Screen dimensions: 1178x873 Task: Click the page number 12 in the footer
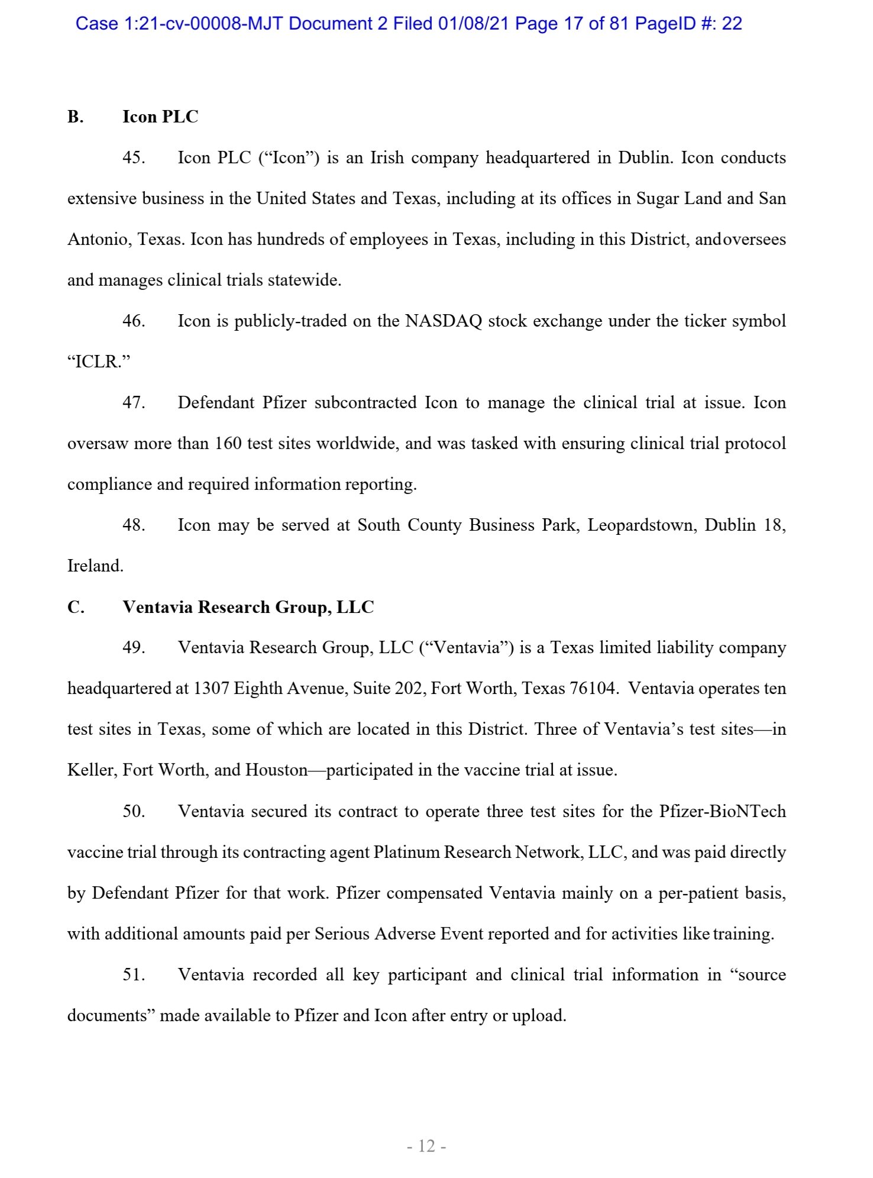pyautogui.click(x=426, y=1146)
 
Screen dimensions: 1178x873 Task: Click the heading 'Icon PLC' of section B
pyautogui.click(x=160, y=117)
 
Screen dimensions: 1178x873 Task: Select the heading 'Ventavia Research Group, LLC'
pyautogui.click(x=248, y=607)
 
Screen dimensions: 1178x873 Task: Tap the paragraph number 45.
pyautogui.click(x=134, y=158)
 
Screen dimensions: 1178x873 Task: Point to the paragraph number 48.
pyautogui.click(x=134, y=525)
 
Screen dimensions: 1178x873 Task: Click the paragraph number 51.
pyautogui.click(x=134, y=974)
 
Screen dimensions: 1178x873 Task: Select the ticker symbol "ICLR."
pyautogui.click(x=99, y=362)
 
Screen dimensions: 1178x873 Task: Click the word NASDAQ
pyautogui.click(x=444, y=321)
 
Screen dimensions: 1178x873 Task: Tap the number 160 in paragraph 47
pyautogui.click(x=228, y=444)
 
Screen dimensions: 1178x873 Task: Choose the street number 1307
pyautogui.click(x=211, y=689)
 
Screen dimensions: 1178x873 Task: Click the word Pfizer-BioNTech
pyautogui.click(x=722, y=811)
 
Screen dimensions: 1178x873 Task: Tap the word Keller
pyautogui.click(x=92, y=770)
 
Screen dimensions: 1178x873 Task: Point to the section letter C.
pyautogui.click(x=76, y=607)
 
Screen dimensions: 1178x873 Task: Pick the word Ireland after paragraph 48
pyautogui.click(x=95, y=566)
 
